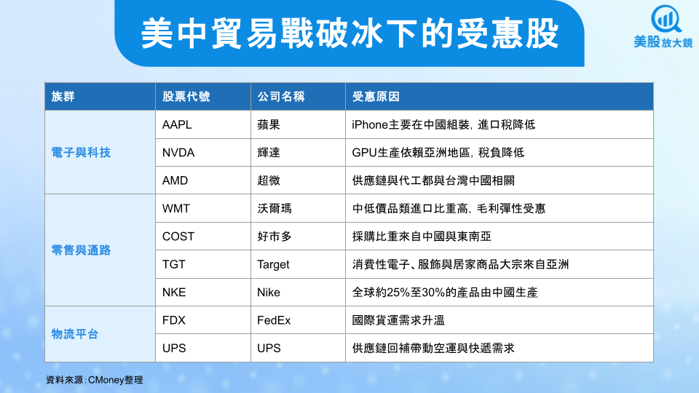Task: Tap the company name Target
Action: pos(273,265)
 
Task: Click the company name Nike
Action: pos(269,293)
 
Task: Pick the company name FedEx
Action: pos(274,320)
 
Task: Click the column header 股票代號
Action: pos(186,96)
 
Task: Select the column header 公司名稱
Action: pos(281,96)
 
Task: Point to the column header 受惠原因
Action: pos(376,96)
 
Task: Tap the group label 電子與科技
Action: pos(81,152)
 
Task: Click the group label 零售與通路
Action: pos(81,250)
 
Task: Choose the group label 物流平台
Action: pos(74,334)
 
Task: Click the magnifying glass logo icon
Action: pos(666,19)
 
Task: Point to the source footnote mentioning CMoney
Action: pos(94,380)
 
